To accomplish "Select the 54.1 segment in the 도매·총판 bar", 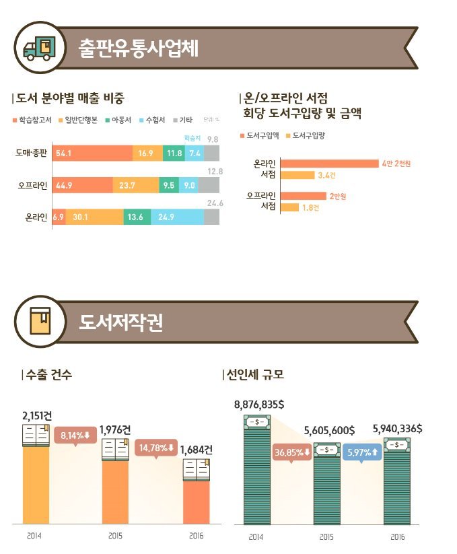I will [93, 153].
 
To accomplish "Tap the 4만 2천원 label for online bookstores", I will [396, 164].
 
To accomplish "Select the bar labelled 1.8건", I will [289, 207].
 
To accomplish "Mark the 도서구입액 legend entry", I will [259, 135].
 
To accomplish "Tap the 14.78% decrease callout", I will [156, 448].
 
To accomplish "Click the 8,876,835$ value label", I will [259, 405].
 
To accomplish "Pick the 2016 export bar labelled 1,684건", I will [197, 501].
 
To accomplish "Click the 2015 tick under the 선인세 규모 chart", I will [326, 536].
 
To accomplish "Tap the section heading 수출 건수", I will [48, 374].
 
